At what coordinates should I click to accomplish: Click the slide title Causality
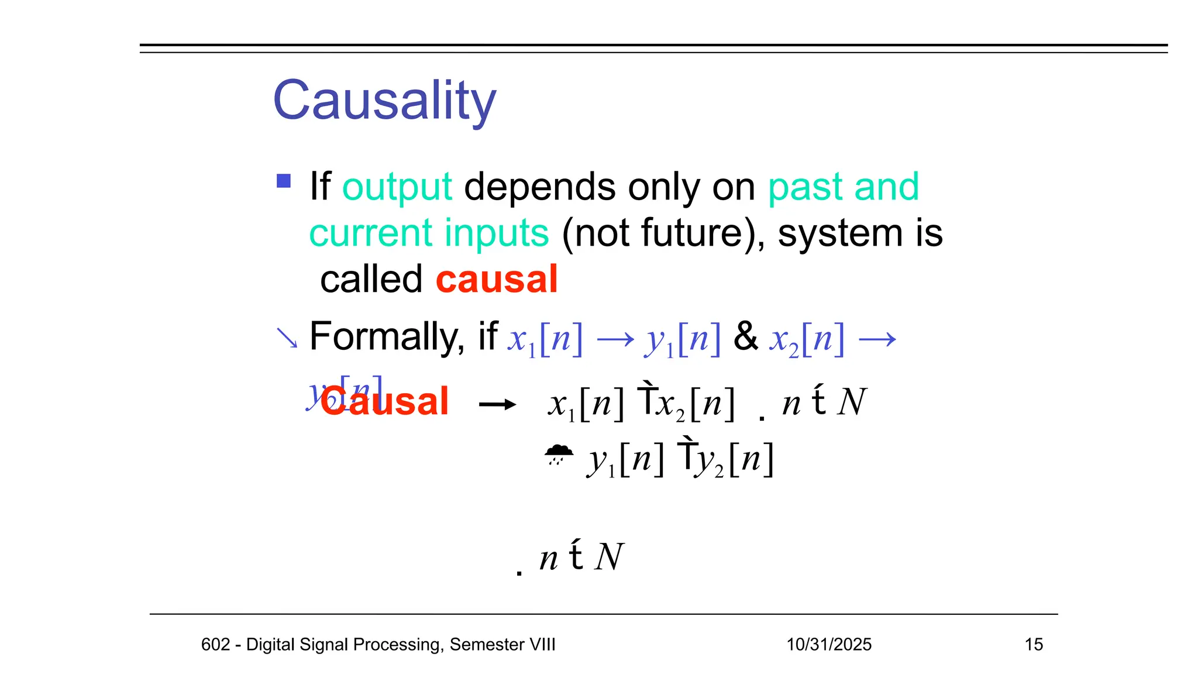point(384,101)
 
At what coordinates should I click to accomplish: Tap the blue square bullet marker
point(284,181)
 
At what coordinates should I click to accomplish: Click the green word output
point(397,187)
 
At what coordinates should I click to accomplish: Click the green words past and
point(843,187)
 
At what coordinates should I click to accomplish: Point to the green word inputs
point(497,233)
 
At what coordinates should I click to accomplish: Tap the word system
point(840,233)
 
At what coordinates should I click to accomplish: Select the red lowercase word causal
point(497,279)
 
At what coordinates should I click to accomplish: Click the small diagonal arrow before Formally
point(287,338)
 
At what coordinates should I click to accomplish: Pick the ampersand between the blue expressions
point(745,336)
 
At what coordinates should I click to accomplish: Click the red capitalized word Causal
point(385,402)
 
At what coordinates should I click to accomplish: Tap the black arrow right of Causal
point(497,404)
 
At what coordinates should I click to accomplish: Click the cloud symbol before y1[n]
point(559,454)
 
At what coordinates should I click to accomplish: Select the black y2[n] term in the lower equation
point(734,460)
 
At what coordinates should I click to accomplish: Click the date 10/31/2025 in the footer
point(828,644)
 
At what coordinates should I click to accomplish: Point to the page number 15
point(1034,644)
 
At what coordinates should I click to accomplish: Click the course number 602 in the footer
point(215,644)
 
